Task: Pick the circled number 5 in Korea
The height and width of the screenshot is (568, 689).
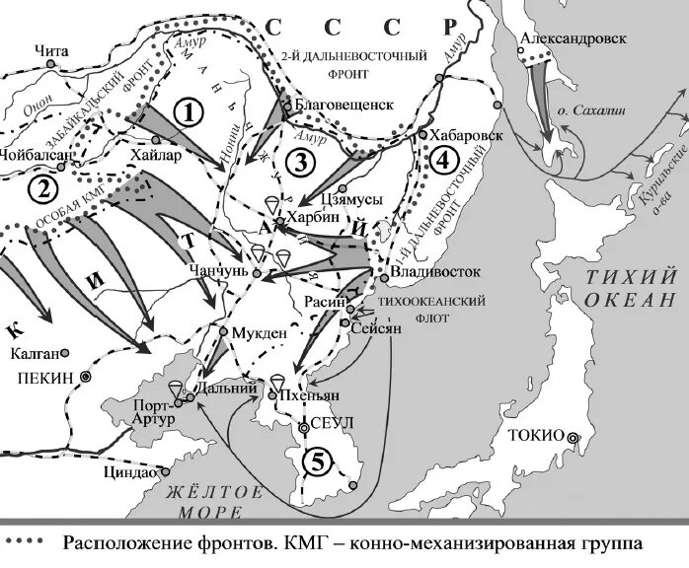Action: (315, 459)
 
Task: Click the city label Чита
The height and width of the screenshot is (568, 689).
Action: (49, 47)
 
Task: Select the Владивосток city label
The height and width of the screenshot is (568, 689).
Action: (435, 269)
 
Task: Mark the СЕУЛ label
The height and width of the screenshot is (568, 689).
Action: (332, 424)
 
